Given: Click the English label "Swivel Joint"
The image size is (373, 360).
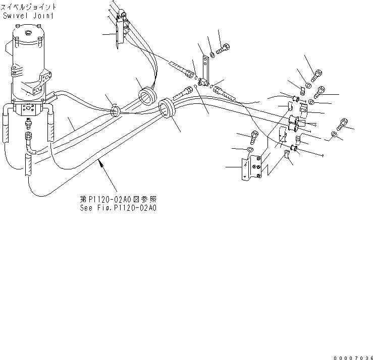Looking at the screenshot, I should click(28, 16).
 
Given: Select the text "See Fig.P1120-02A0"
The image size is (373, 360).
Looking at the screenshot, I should click(118, 207).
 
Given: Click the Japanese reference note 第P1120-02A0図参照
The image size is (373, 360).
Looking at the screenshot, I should click(118, 199).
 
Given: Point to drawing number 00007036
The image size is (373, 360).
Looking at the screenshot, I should click(350, 356).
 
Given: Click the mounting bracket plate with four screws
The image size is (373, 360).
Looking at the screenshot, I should click(252, 166).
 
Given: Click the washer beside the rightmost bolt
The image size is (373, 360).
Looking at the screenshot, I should click(334, 135).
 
